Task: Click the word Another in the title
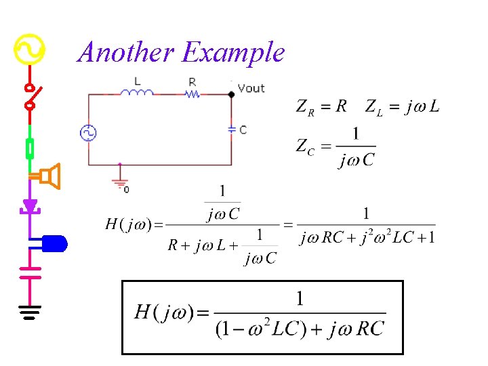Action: (x=126, y=52)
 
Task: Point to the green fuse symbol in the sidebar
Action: (x=30, y=148)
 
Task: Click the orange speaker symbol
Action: (x=49, y=176)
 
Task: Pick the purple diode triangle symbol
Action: (x=30, y=205)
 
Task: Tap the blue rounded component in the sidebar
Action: (x=54, y=242)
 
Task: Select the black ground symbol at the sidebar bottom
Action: (x=30, y=312)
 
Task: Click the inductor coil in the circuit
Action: (x=138, y=93)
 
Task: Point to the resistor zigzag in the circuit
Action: (x=192, y=94)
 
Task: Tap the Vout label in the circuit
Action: (x=251, y=88)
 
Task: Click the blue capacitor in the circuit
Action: (x=232, y=129)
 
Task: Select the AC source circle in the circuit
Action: (x=89, y=133)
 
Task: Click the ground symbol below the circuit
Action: (x=120, y=182)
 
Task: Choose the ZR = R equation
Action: (x=321, y=106)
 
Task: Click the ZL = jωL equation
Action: (x=402, y=106)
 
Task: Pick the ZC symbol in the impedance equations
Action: (x=305, y=146)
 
